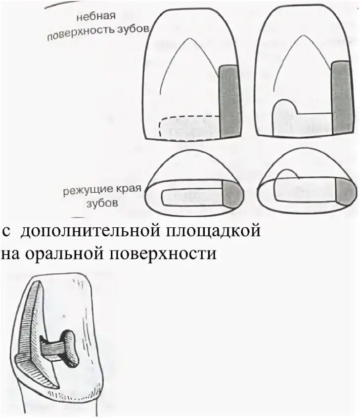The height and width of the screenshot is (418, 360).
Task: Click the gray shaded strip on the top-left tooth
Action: click(x=230, y=101)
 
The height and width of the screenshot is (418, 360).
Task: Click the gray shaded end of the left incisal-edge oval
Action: click(x=233, y=193)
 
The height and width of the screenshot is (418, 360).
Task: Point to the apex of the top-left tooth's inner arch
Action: click(x=185, y=39)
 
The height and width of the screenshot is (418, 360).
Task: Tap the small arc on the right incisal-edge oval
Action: click(x=287, y=173)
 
